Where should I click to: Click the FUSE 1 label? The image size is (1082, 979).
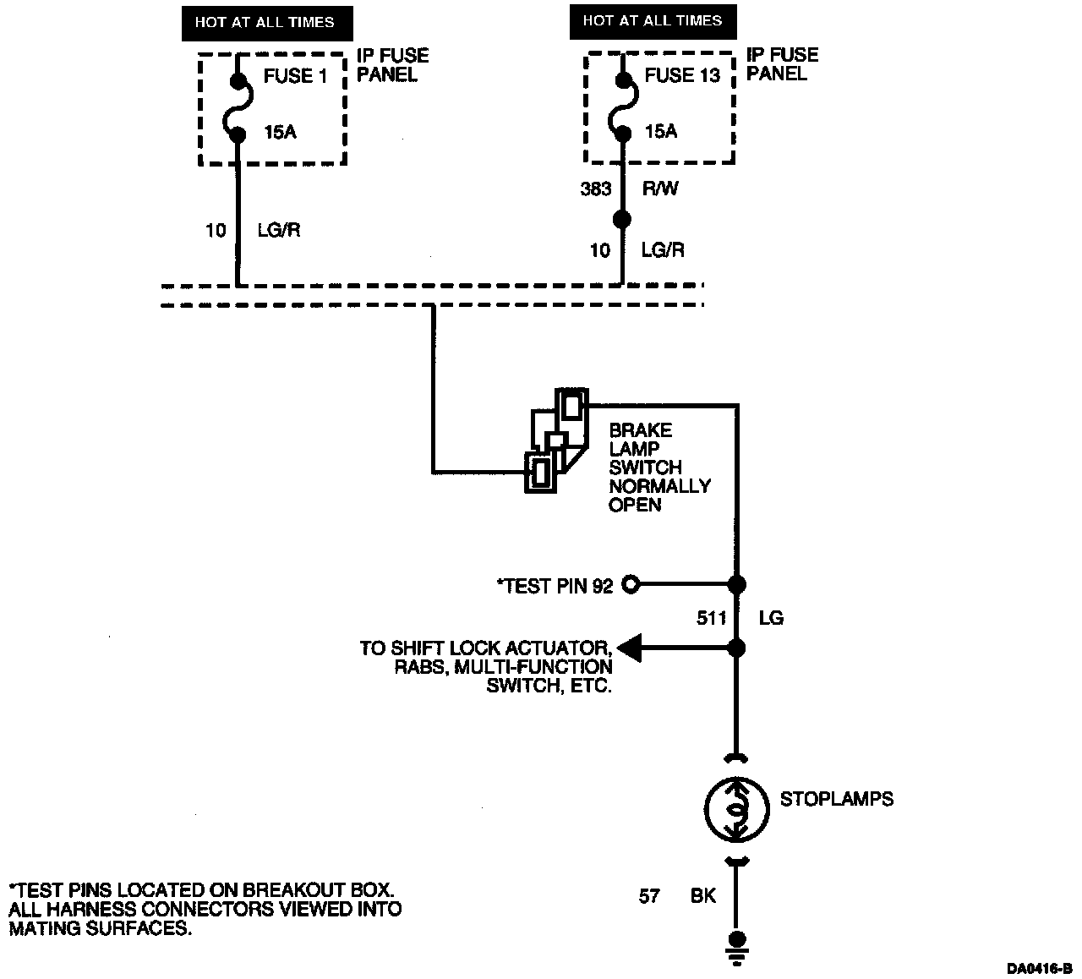coord(295,76)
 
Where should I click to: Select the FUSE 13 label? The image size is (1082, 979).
coord(682,75)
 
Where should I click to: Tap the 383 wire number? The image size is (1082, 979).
coord(595,189)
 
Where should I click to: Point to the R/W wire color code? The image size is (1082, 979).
coord(660,189)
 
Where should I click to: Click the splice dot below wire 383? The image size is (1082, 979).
coord(622,220)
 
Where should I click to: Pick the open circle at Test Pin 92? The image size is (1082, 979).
coord(631,584)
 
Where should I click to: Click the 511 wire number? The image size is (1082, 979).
coord(712,617)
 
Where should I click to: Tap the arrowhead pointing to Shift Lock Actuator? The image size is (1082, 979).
coord(629,648)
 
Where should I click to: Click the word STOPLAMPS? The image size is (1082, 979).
coord(837,799)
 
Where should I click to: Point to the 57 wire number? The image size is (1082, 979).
coord(649,896)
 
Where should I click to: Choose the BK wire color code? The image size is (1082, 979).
coord(702,896)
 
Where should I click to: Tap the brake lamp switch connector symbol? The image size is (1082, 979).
coord(557,440)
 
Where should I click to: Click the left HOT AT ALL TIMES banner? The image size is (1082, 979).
coord(267,23)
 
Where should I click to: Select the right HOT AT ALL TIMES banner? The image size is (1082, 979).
coord(653,22)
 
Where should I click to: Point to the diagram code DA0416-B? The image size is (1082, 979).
coord(1040,968)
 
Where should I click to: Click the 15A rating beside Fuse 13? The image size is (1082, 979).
coord(661,131)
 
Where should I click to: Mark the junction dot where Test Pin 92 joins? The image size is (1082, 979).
coord(737,584)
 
